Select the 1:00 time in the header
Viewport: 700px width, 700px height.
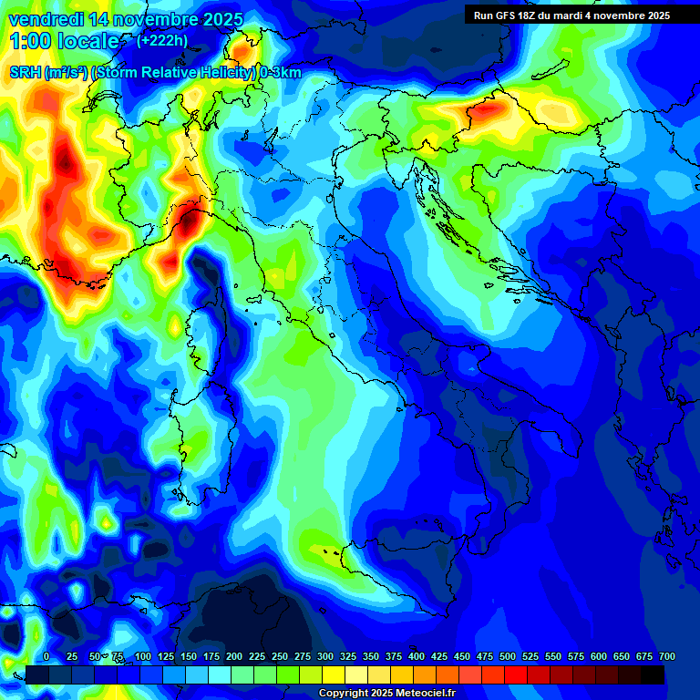click(x=30, y=41)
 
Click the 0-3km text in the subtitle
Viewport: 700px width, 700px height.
click(x=281, y=73)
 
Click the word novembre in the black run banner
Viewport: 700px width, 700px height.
click(x=619, y=15)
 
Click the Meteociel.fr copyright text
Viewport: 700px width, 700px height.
click(x=419, y=694)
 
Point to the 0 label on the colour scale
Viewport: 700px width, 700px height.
click(x=46, y=656)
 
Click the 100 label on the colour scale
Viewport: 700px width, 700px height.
click(x=143, y=656)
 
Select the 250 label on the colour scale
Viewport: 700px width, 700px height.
click(x=280, y=656)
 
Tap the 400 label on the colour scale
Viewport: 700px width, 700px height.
click(x=417, y=656)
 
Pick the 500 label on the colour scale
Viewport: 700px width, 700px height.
click(x=508, y=656)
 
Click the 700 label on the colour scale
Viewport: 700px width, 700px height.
click(x=667, y=656)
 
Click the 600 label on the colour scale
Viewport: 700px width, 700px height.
click(x=599, y=656)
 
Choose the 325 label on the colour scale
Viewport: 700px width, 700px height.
click(x=348, y=656)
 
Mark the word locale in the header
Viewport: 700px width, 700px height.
click(x=88, y=41)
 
